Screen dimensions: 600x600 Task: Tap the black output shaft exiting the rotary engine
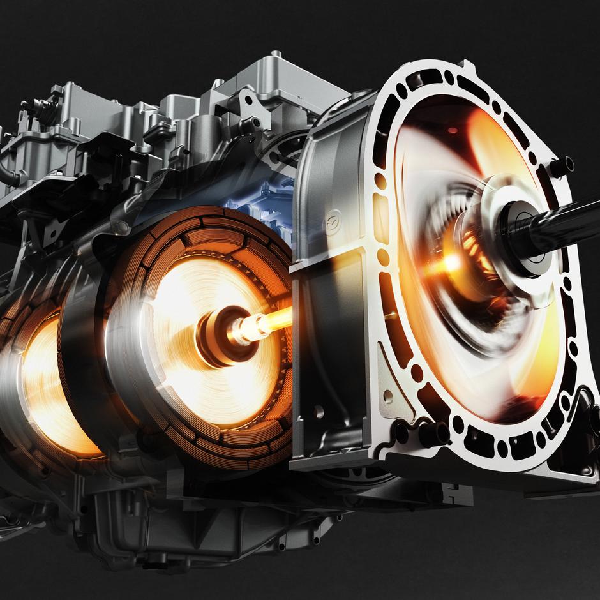pos(562,223)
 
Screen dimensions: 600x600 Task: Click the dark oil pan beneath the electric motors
pos(211,530)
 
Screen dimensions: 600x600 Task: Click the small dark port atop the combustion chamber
pos(452,130)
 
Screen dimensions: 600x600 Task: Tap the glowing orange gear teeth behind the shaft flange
pos(472,249)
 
